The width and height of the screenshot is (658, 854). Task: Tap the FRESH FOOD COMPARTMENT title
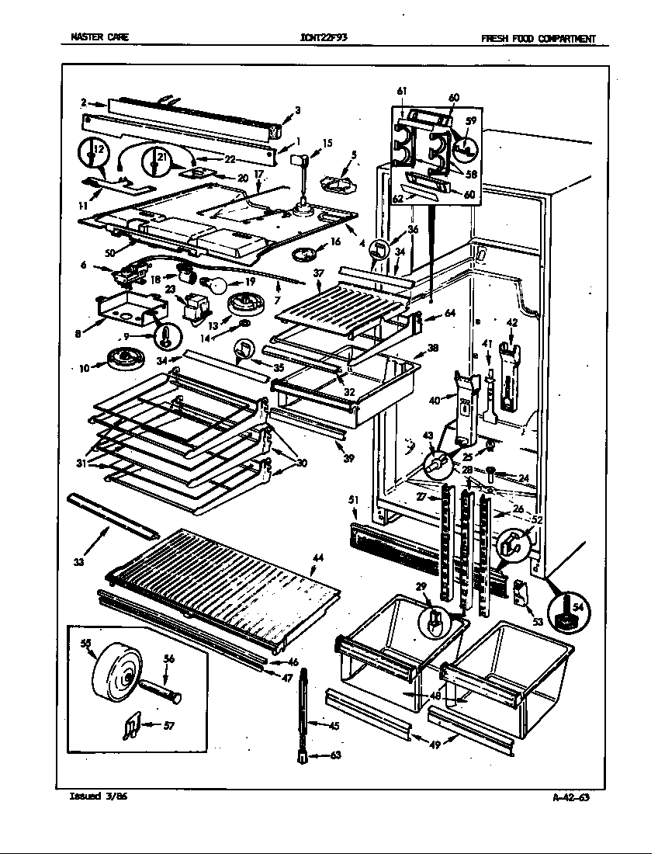coord(538,37)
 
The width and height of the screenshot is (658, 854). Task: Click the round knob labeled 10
coord(121,359)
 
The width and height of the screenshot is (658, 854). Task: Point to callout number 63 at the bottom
coord(334,754)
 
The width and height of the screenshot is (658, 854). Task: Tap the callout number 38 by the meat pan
coord(432,349)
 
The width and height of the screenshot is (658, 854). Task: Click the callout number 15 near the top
coord(327,142)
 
